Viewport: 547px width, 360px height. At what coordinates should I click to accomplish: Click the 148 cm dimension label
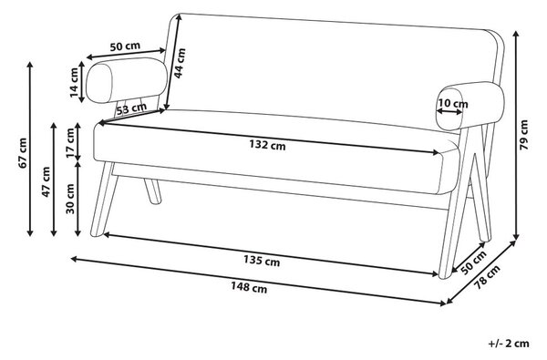point(249,288)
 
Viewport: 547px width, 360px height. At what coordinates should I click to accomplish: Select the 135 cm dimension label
point(262,261)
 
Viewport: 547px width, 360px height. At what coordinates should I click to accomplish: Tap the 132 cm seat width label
point(267,144)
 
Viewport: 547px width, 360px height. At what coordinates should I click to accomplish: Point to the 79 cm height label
point(524,135)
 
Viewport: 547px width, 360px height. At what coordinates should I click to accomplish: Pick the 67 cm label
point(23,153)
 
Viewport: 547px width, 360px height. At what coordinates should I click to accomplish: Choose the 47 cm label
point(46,181)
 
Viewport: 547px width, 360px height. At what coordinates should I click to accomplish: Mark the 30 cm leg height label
point(70,199)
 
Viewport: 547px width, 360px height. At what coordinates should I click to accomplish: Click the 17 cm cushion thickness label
point(70,143)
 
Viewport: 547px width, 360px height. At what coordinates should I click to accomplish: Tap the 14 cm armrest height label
point(74,83)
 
